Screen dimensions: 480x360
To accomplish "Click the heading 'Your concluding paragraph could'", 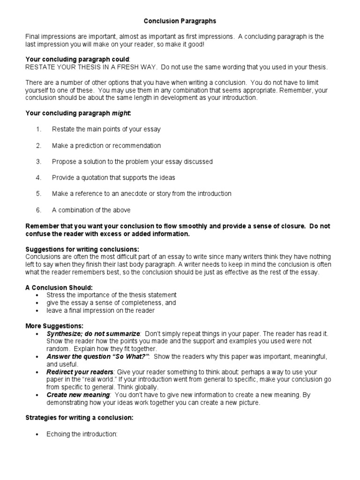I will pos(77,59).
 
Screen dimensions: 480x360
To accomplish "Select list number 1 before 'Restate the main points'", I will pos(39,129).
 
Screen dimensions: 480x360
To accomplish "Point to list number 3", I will pos(39,161).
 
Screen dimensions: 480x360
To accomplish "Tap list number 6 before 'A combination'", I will pos(39,210).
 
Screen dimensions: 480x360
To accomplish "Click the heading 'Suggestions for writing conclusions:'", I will pos(82,249).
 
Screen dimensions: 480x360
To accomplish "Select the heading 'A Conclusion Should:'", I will pos(59,287).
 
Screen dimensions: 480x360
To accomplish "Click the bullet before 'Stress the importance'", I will pos(37,295).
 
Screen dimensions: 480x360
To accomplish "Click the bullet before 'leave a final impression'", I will pos(37,310).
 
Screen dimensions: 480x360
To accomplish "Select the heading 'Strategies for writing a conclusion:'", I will pos(79,418).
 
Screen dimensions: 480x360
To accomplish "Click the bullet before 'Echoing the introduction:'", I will pos(37,435).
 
